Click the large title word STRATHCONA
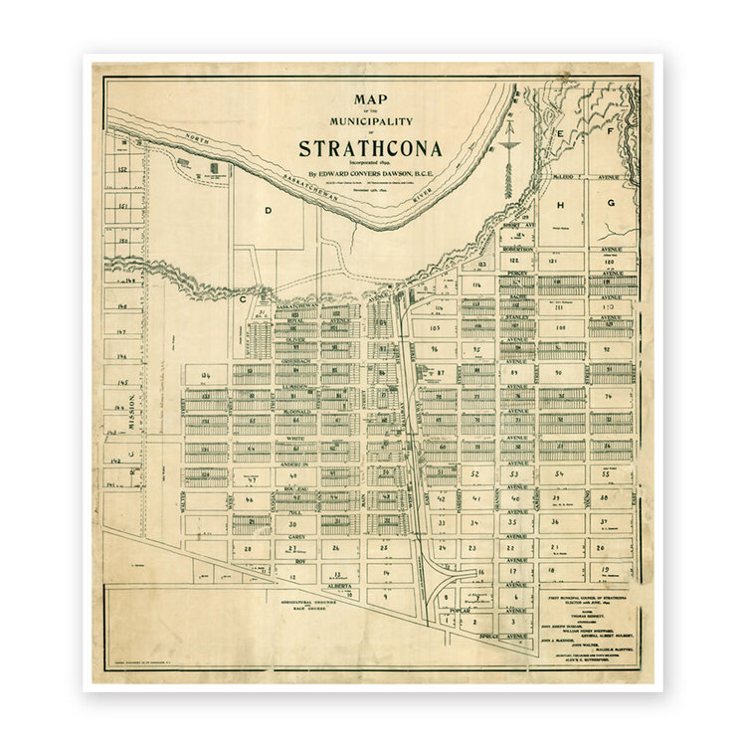coord(370,149)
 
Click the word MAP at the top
coord(370,98)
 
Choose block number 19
coord(606,572)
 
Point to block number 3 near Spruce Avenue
coord(514,621)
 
